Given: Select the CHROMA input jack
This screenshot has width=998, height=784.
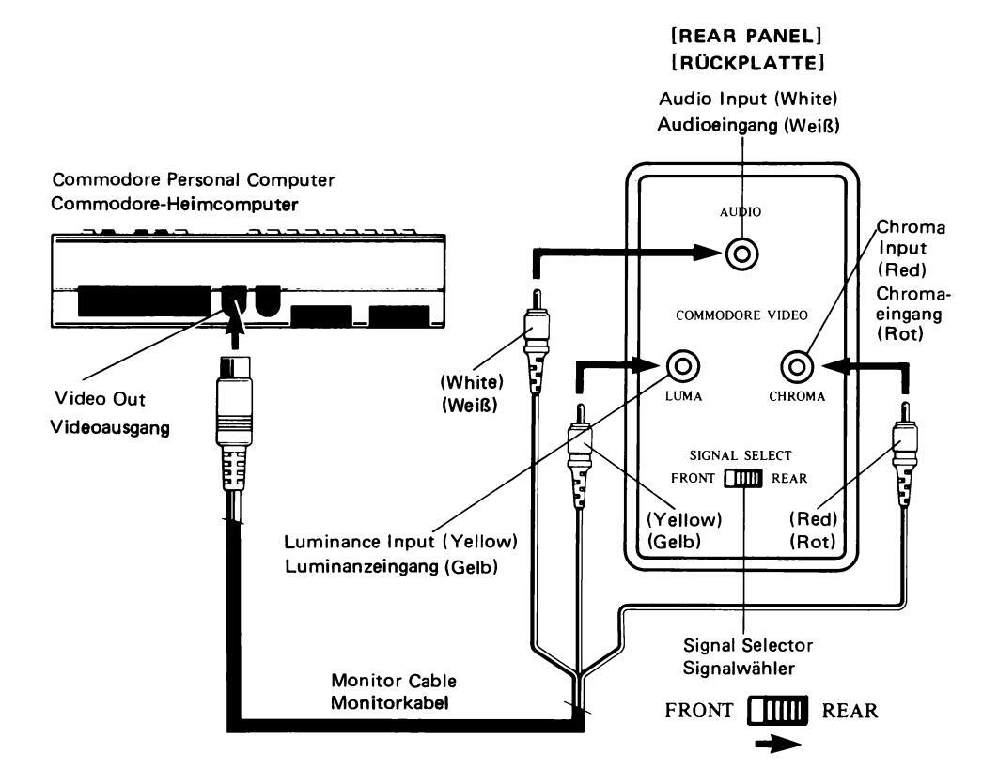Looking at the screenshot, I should tap(801, 363).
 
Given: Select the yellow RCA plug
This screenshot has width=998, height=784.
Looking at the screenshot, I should tap(579, 440).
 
